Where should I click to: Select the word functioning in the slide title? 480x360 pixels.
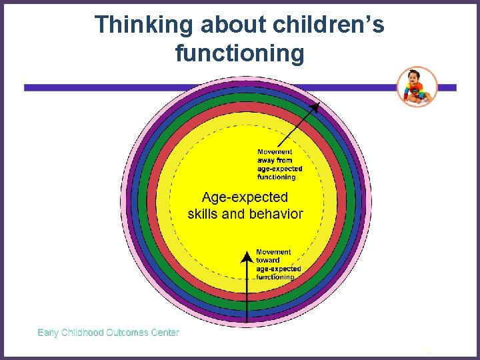click(239, 53)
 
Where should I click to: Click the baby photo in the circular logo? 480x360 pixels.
click(417, 87)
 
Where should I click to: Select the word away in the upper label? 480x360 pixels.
click(266, 161)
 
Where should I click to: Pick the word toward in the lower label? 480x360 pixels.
click(268, 261)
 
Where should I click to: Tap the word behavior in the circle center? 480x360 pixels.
click(275, 214)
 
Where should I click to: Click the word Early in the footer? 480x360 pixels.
click(47, 332)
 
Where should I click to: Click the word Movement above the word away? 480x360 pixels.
click(274, 152)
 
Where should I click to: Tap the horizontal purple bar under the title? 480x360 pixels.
click(100, 87)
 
